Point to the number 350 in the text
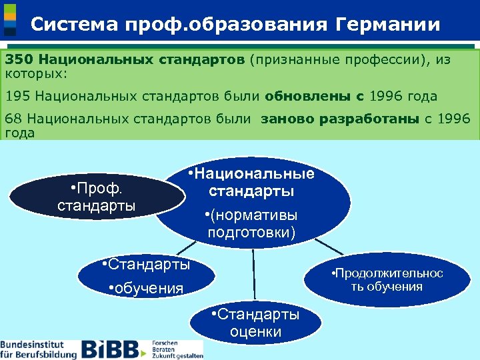18,60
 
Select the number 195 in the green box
18,96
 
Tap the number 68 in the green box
13,120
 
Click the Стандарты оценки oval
255,323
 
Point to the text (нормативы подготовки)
252,224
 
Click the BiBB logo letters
110,349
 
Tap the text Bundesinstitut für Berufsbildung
38,349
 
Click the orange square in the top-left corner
10,15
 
